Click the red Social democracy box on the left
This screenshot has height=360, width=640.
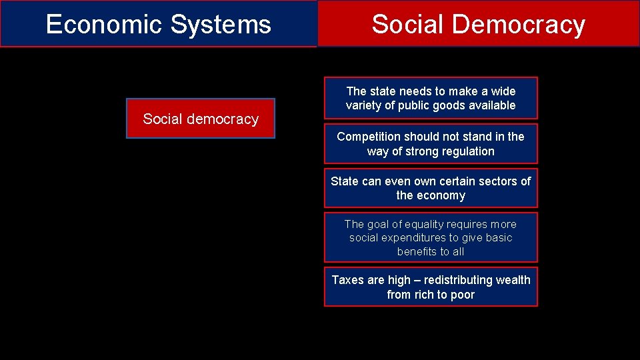pyautogui.click(x=201, y=119)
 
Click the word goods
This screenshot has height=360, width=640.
pyautogui.click(x=453, y=105)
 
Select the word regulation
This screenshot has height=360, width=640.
pyautogui.click(x=467, y=151)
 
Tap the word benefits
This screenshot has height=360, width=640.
pyautogui.click(x=418, y=251)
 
